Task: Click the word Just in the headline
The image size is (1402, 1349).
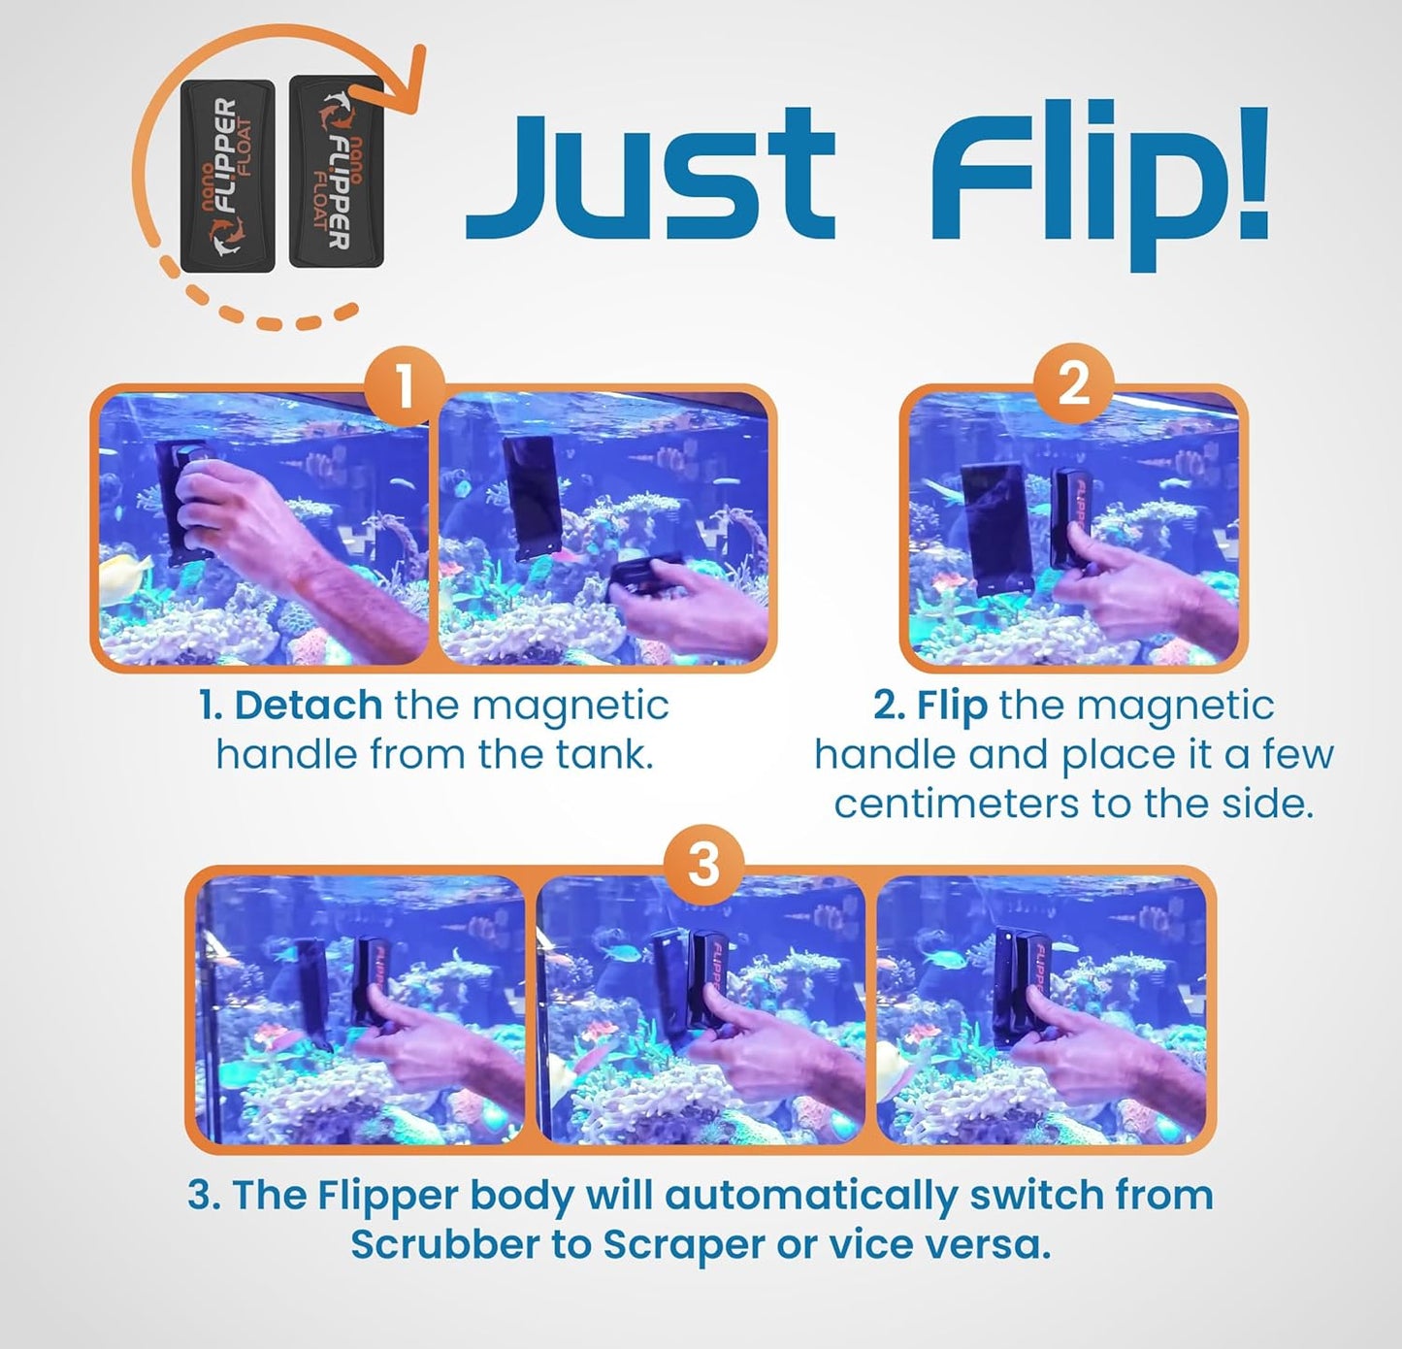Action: [648, 177]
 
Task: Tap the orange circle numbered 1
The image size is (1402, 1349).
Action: [405, 389]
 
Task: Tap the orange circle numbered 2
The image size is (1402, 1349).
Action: [1072, 384]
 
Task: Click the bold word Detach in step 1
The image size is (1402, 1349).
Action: [309, 706]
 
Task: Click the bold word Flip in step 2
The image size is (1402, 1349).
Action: [952, 706]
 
